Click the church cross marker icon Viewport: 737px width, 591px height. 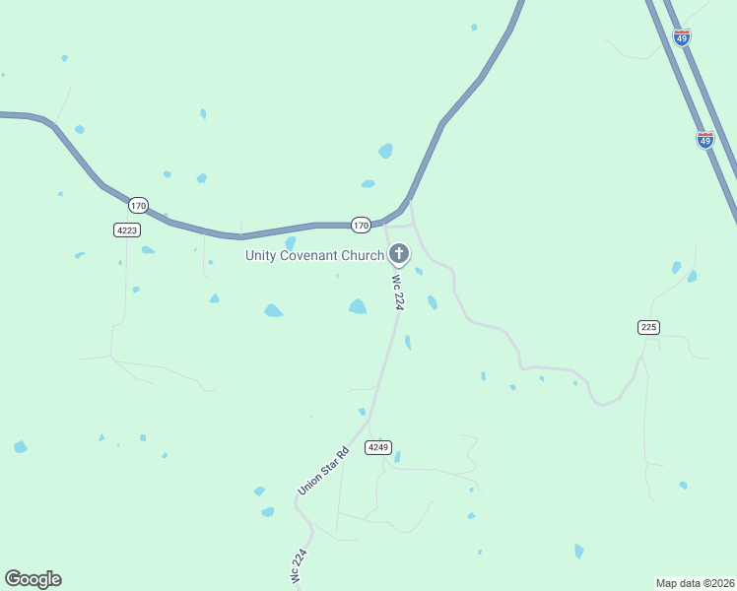(x=399, y=255)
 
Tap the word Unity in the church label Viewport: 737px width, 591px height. (x=261, y=256)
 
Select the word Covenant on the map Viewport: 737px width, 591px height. (x=309, y=256)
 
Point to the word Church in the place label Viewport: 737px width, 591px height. (x=361, y=256)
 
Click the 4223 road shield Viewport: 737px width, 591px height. (x=126, y=230)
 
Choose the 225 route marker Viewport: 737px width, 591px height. (x=648, y=326)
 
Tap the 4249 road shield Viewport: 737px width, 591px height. (x=378, y=447)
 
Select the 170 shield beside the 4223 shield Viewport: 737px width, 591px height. (x=138, y=206)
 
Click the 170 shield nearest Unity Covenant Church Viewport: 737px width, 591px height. (x=362, y=226)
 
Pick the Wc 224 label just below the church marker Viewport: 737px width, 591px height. (x=398, y=293)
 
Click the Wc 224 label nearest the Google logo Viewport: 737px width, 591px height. (x=300, y=568)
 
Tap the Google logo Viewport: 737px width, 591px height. (x=33, y=579)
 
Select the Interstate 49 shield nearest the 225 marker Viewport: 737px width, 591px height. (x=704, y=140)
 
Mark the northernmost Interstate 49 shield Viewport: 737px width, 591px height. (x=682, y=36)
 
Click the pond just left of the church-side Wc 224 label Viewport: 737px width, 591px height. (x=358, y=307)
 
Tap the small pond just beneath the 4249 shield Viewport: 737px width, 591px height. (x=397, y=457)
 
